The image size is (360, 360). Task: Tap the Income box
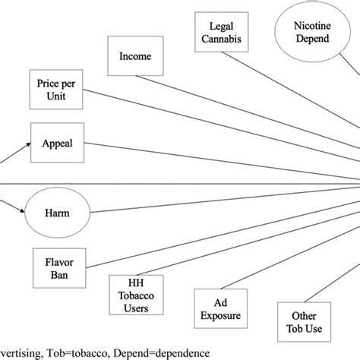(136, 56)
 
